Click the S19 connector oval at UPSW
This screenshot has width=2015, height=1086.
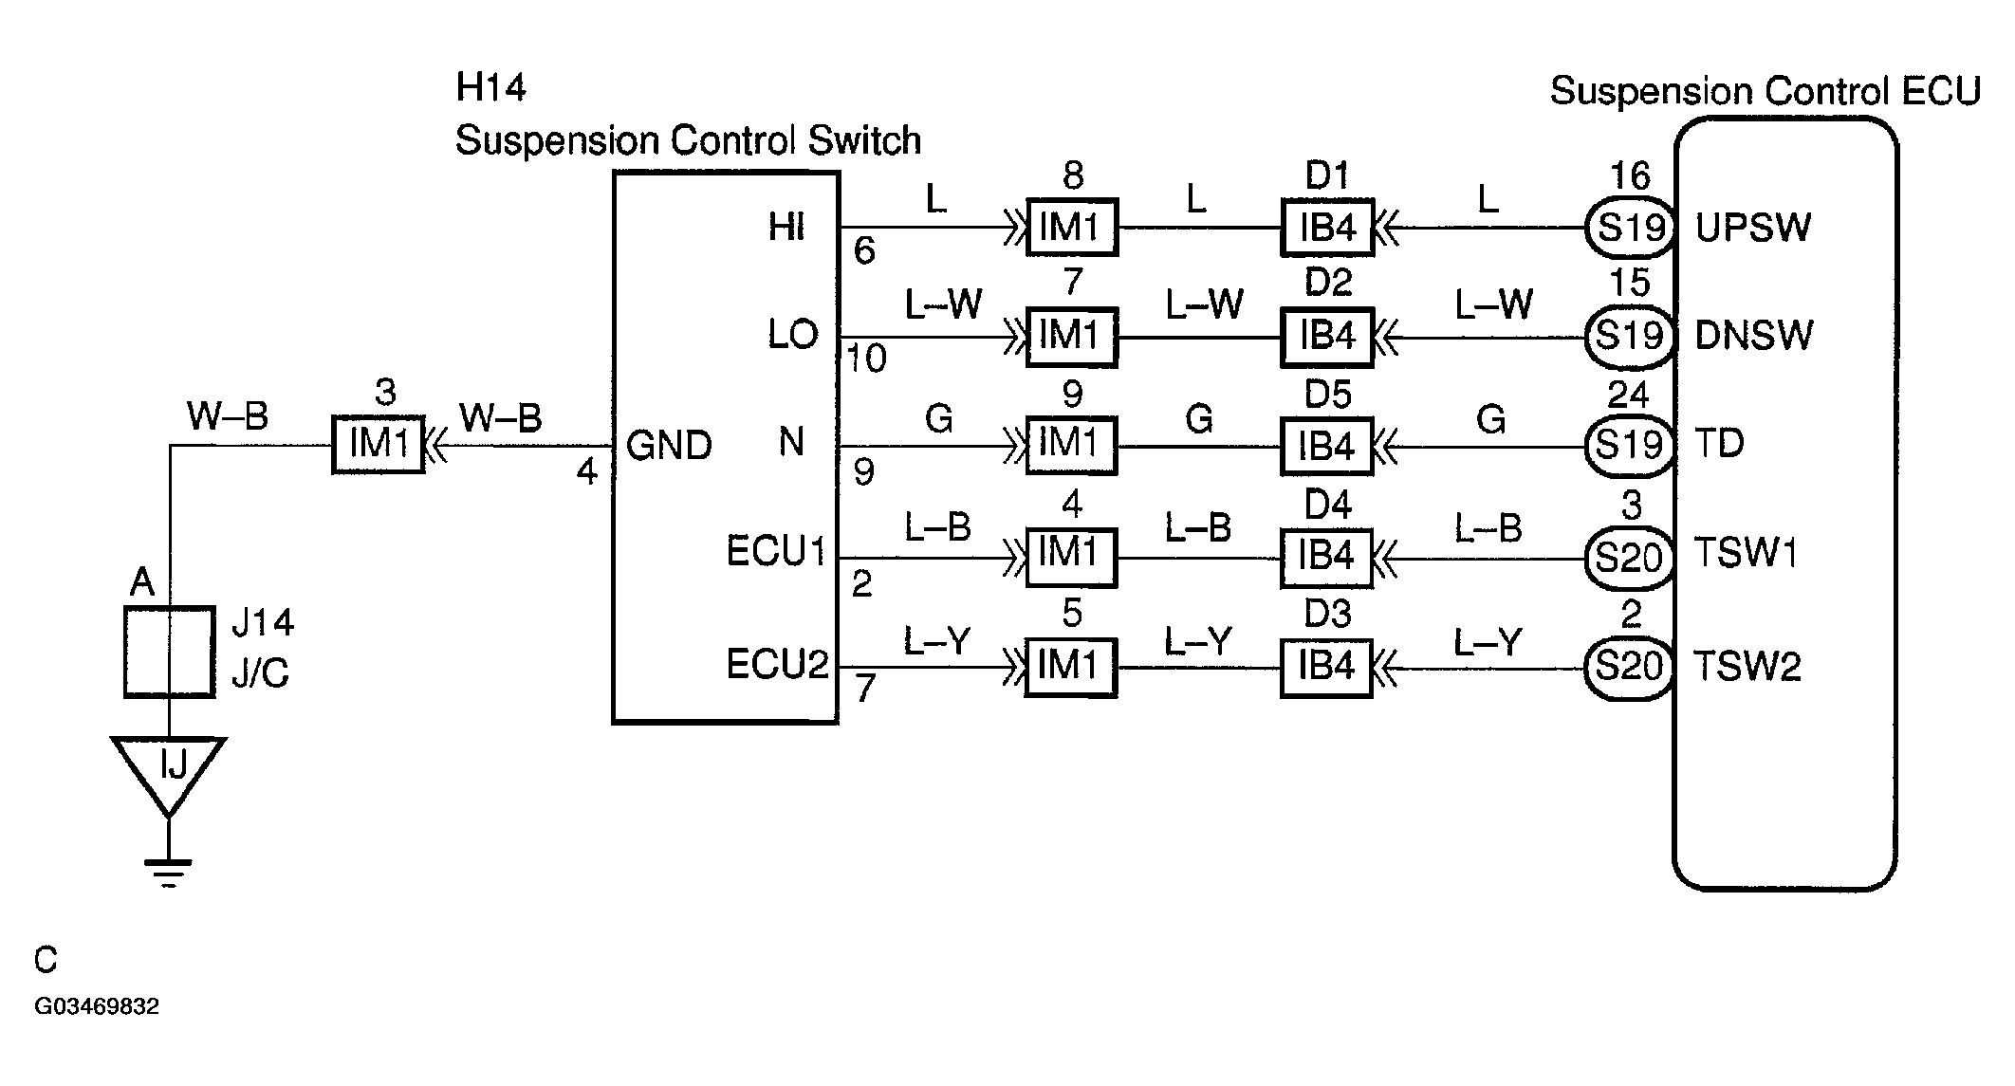[x=1629, y=228]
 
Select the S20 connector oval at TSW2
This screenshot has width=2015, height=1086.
[x=1629, y=668]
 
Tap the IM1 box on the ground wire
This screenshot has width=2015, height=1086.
[x=378, y=445]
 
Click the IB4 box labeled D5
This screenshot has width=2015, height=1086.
[x=1326, y=446]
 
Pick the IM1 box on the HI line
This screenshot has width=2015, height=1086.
[x=1071, y=228]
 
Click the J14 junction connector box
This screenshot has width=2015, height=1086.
[x=169, y=653]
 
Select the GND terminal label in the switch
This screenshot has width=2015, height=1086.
[x=669, y=446]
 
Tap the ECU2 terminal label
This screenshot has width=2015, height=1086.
[x=777, y=665]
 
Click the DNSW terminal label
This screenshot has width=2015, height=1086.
[x=1753, y=336]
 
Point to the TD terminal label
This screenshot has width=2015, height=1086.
[x=1719, y=444]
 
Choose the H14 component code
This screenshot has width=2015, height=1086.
[x=490, y=87]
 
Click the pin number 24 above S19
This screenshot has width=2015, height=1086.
[x=1629, y=395]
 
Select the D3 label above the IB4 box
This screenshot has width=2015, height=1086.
[x=1327, y=615]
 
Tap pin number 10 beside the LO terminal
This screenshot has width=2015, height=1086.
[x=866, y=359]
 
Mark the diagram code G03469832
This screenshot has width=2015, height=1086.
[x=97, y=1006]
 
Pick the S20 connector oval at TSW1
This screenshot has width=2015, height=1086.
[x=1629, y=557]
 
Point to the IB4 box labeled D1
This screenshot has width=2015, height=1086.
[x=1326, y=228]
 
